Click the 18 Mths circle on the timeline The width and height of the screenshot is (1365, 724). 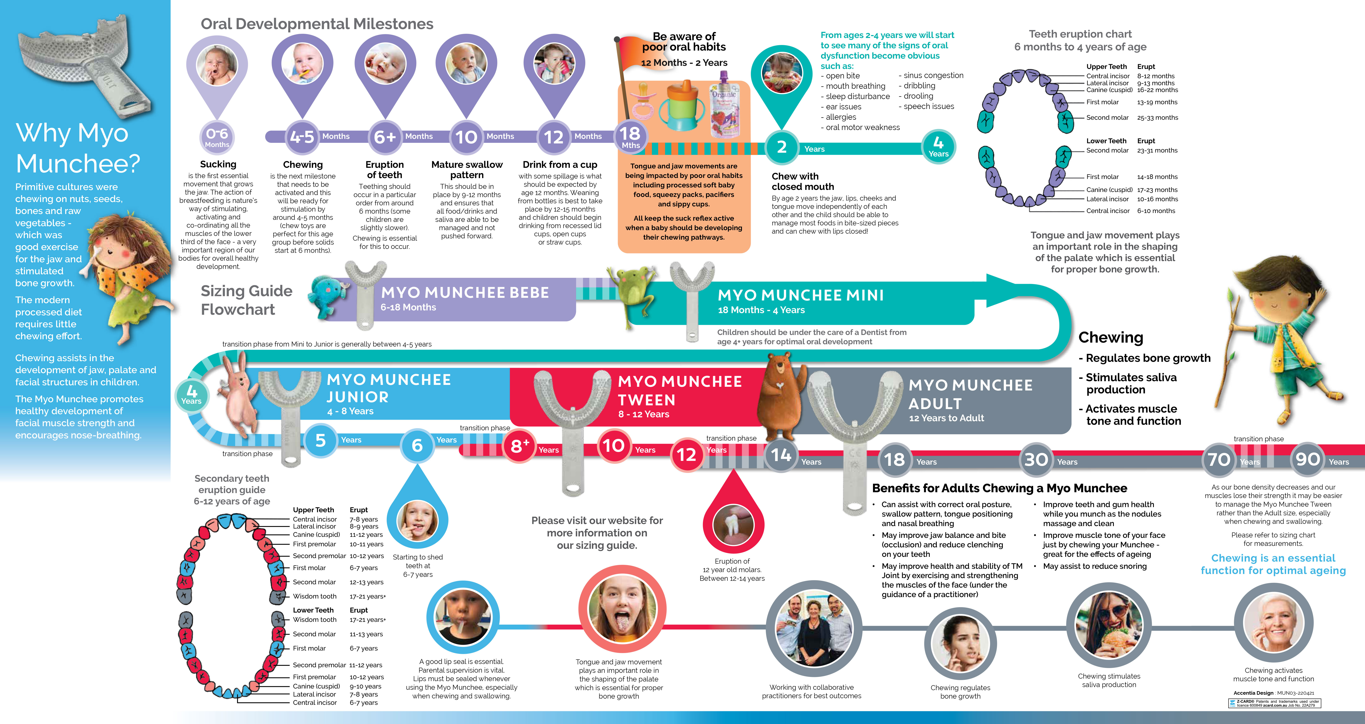point(630,137)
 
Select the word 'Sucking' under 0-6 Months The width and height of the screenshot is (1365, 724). point(218,164)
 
